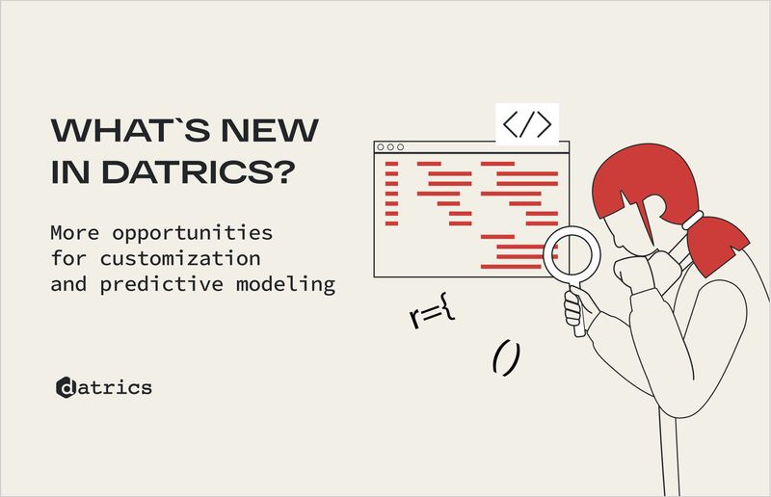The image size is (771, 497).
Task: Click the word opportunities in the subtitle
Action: coord(186,234)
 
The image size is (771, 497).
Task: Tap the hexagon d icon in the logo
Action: coord(66,387)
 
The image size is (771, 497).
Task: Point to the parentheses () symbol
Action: coord(506,357)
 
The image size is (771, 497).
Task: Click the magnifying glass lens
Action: coord(571,255)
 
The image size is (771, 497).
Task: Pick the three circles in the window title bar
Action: coord(390,147)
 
